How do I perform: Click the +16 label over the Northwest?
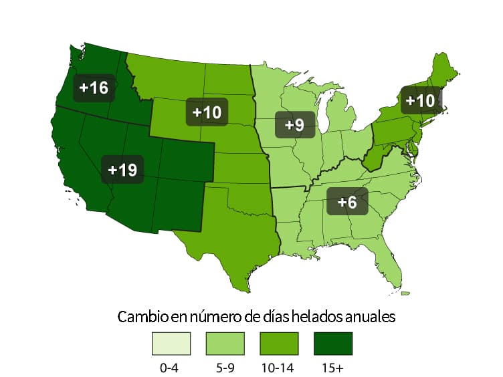tap(94, 88)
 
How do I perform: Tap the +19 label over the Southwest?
tap(122, 170)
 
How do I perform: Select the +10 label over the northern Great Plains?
tap(207, 112)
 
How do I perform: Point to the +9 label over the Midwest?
tap(294, 124)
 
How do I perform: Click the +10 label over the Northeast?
tap(421, 101)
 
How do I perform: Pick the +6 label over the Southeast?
tap(347, 201)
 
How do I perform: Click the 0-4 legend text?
tap(169, 366)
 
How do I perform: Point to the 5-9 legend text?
tap(224, 366)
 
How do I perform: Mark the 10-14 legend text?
tap(279, 366)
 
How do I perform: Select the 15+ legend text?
tap(332, 366)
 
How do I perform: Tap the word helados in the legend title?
tap(314, 316)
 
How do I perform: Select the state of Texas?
tap(231, 241)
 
